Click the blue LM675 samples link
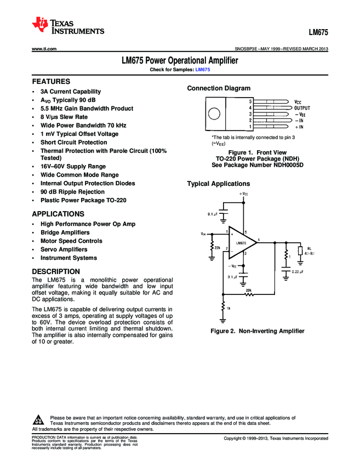(x=203, y=70)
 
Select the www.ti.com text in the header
(x=44, y=49)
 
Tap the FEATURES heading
(x=51, y=81)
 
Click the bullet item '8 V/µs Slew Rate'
(x=64, y=117)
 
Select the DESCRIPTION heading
(x=56, y=271)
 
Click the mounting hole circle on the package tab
(x=214, y=114)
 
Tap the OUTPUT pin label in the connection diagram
(x=302, y=109)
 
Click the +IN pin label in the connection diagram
(x=302, y=127)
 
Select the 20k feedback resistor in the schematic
(x=249, y=294)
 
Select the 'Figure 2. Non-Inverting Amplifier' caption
(x=257, y=331)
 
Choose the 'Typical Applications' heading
(x=219, y=183)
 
